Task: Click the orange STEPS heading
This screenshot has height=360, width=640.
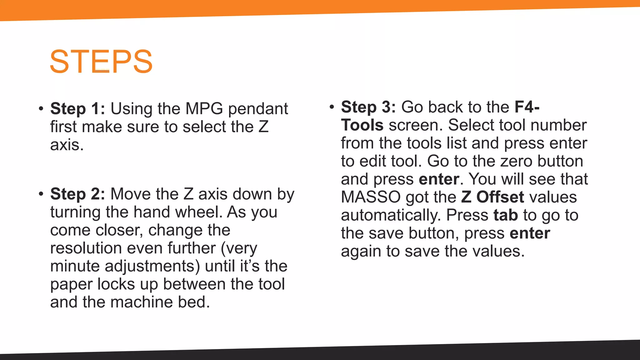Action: [x=101, y=62]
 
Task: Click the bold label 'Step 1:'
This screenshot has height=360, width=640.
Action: [x=77, y=109]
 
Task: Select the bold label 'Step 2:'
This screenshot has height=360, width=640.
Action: [x=77, y=194]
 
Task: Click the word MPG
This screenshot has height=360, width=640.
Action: [x=204, y=109]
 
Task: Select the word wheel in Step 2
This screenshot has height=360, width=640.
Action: [x=200, y=212]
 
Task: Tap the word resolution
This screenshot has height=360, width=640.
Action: [x=86, y=248]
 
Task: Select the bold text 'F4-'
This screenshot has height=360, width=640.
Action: [x=527, y=107]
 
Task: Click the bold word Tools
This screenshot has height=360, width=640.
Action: [x=362, y=125]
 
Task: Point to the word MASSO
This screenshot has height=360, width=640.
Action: [x=371, y=197]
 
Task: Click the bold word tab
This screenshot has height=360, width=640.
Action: [x=506, y=215]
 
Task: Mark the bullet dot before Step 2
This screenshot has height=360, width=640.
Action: [x=41, y=194]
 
